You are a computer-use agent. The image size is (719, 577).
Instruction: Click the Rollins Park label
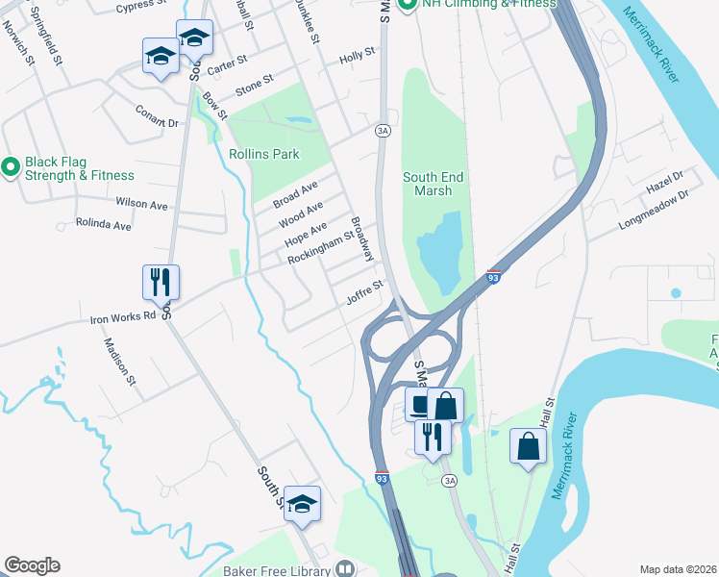[264, 154]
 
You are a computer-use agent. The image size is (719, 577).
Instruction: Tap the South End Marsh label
[427, 184]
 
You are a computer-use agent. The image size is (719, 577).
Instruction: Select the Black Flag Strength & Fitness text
[80, 168]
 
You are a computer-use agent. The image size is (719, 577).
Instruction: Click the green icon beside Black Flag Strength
[11, 168]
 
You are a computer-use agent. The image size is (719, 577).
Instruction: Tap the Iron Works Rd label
[123, 317]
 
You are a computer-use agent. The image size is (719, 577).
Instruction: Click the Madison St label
[121, 362]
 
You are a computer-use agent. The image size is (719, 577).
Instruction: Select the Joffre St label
[365, 291]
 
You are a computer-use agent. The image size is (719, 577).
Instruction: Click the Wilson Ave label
[141, 204]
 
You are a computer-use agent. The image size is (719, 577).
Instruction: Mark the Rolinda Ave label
[104, 225]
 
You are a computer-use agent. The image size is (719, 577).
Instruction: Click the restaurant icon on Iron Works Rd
[161, 282]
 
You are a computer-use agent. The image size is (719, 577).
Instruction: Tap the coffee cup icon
[420, 405]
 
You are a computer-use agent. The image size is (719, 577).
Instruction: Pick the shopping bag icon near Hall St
[528, 445]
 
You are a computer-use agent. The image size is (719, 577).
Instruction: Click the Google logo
[32, 565]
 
